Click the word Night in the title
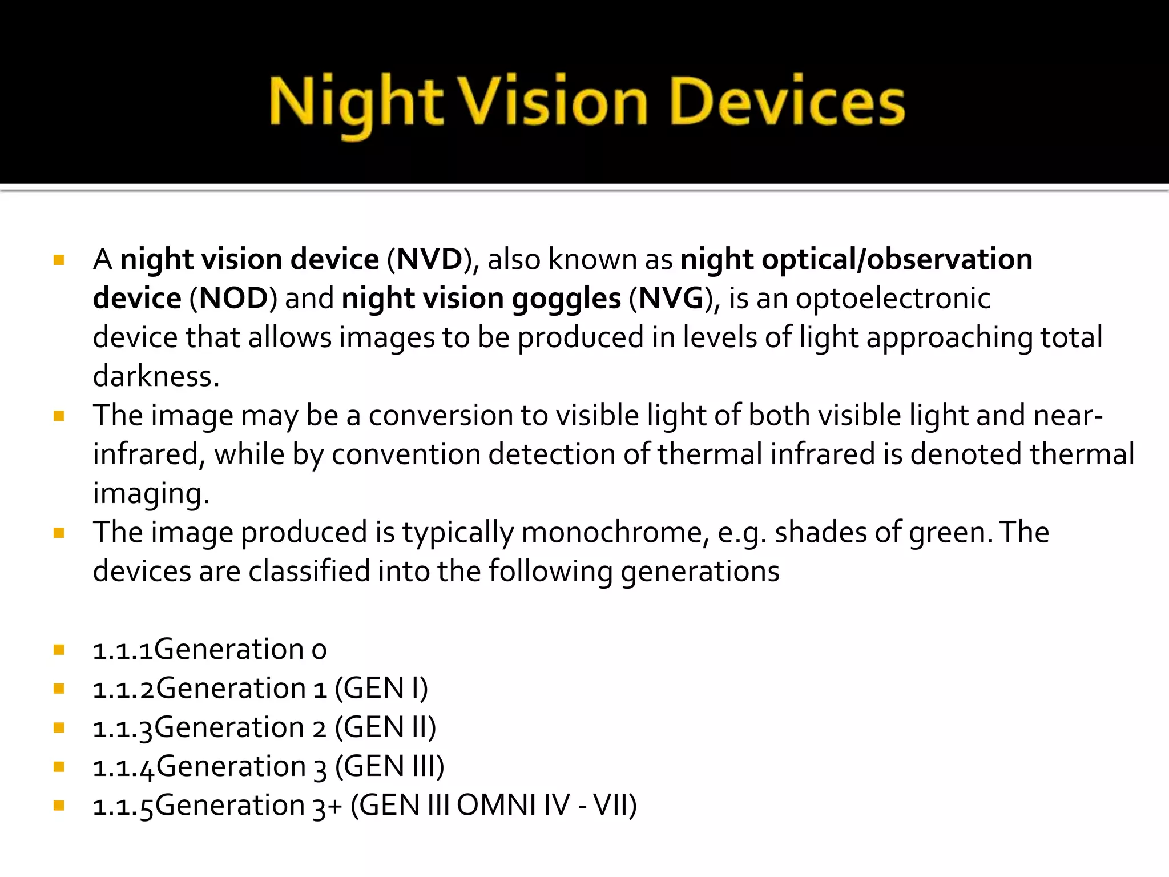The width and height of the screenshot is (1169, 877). tap(355, 104)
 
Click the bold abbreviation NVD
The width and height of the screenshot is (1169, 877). tap(430, 260)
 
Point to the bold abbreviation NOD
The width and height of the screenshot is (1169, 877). tap(233, 299)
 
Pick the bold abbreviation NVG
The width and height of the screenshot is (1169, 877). tap(671, 299)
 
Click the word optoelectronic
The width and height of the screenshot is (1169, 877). tap(893, 299)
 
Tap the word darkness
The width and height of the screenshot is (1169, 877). tap(155, 377)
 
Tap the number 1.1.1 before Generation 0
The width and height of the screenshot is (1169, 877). tap(123, 650)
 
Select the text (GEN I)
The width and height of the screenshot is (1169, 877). tap(381, 689)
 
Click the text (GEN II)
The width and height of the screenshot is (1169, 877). tap(385, 728)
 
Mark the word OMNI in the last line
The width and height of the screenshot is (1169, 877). tap(496, 806)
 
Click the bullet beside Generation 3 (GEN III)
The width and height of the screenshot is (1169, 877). tap(59, 767)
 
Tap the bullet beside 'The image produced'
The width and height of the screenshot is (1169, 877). tap(59, 533)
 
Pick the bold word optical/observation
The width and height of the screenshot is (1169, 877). tap(897, 260)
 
